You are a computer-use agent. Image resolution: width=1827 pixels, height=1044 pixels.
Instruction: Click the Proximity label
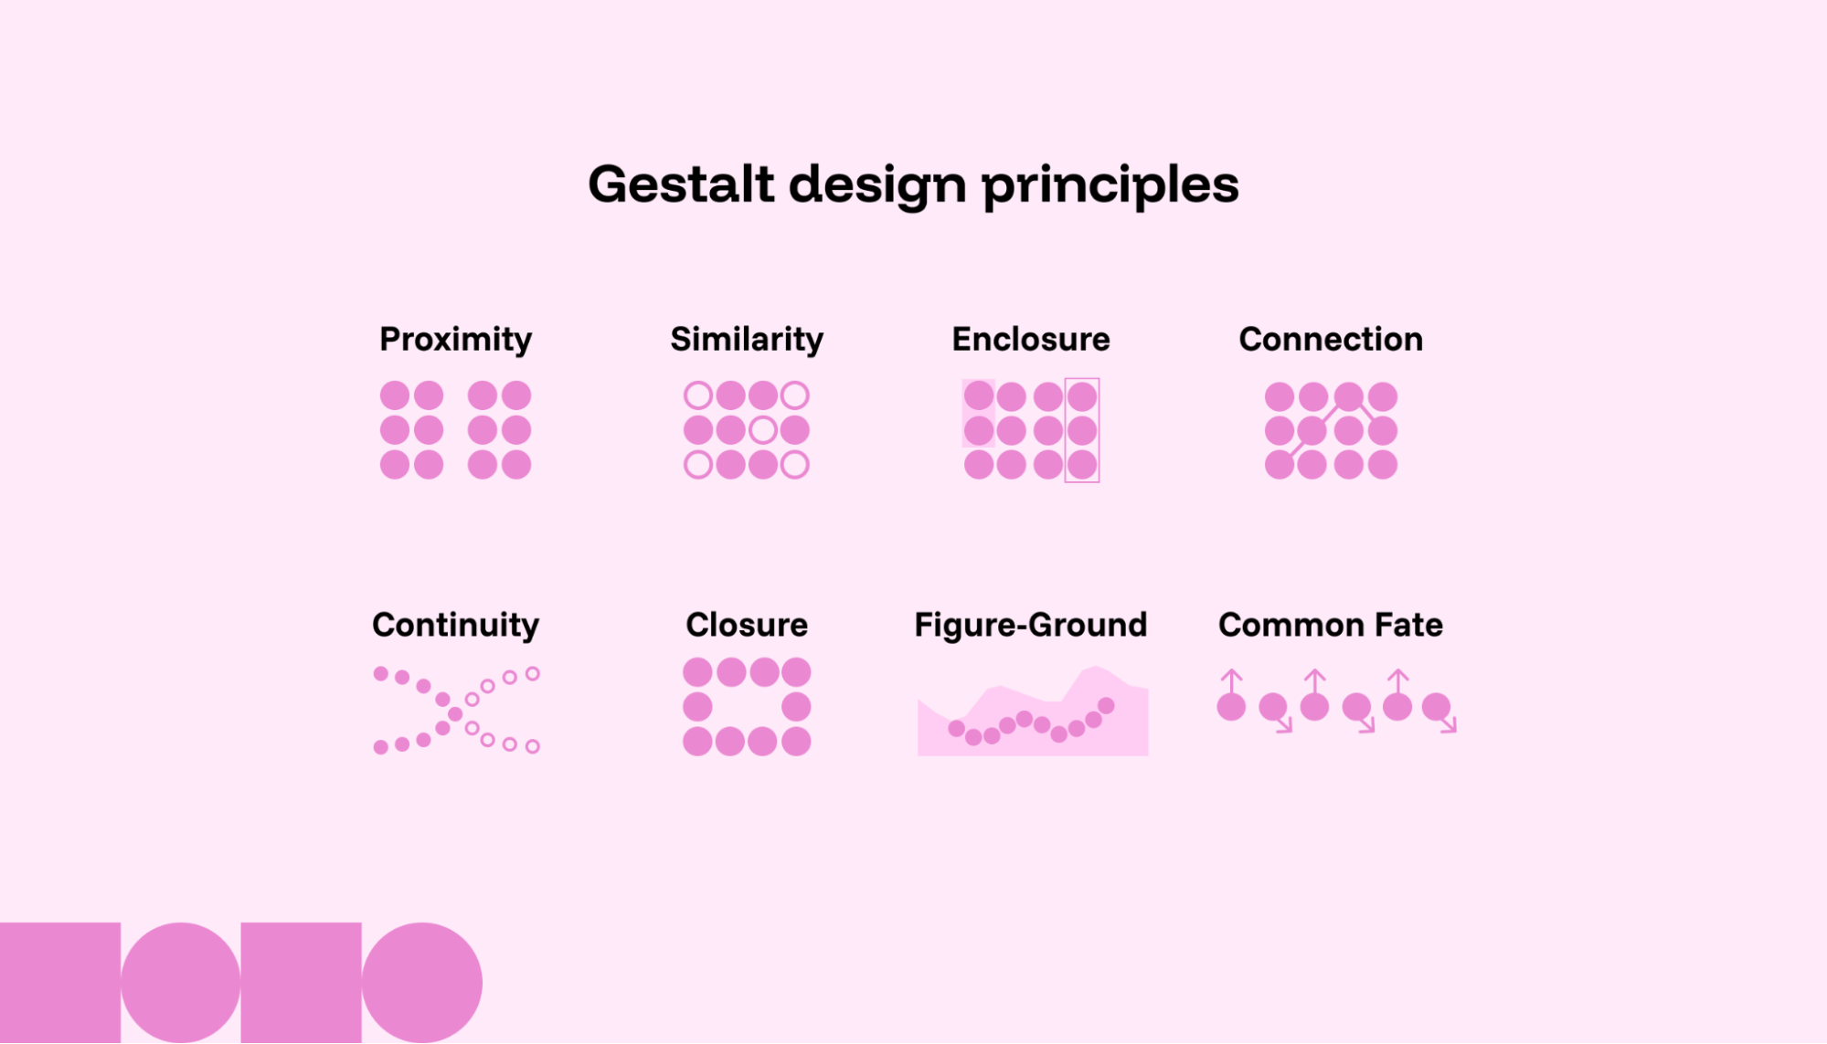[x=455, y=340]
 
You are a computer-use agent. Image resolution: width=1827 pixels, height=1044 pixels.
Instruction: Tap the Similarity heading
[x=747, y=340]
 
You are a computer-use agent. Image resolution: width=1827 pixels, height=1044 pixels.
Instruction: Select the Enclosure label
[x=1030, y=340]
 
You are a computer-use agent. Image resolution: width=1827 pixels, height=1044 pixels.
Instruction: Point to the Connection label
[x=1331, y=340]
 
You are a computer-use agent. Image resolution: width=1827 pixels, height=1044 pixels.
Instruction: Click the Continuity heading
[x=455, y=626]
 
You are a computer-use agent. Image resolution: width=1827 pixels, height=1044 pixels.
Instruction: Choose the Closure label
[x=747, y=626]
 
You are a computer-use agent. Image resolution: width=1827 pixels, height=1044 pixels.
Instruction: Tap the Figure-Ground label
[x=1030, y=626]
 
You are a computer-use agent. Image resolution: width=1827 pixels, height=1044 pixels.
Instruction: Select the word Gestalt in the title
[x=681, y=185]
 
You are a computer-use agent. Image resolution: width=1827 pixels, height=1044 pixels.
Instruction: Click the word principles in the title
[x=1110, y=185]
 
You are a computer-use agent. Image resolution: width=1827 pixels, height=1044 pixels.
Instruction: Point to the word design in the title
[x=877, y=185]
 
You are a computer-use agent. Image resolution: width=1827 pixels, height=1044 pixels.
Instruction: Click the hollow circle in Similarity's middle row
[x=762, y=430]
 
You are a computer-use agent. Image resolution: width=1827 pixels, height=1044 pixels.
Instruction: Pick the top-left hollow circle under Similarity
[x=698, y=395]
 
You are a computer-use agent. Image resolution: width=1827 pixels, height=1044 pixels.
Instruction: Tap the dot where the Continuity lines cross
[x=455, y=713]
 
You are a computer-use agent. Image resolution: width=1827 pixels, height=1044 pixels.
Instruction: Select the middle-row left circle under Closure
[x=697, y=706]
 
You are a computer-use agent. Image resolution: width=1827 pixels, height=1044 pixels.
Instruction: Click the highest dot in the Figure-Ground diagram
[x=1106, y=705]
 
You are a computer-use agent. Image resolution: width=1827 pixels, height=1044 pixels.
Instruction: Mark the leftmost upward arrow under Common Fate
[x=1231, y=680]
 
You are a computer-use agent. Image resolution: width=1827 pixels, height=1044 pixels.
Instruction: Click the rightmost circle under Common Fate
[x=1436, y=706]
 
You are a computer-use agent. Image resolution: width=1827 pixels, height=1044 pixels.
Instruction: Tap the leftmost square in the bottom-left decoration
[x=59, y=982]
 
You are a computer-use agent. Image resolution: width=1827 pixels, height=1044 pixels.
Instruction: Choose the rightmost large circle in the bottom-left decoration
[x=421, y=982]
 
